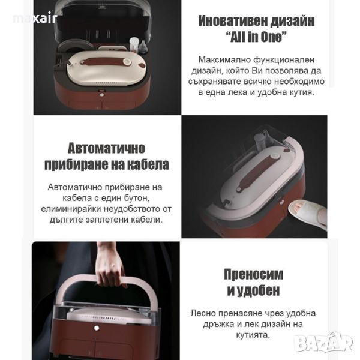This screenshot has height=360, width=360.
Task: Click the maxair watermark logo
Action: (x=35, y=19)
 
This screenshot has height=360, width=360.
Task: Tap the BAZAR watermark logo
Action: (x=324, y=343)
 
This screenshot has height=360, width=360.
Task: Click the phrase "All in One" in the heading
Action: (x=256, y=37)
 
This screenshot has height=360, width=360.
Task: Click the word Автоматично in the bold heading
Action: (x=106, y=148)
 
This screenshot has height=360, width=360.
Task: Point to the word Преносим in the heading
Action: (x=253, y=274)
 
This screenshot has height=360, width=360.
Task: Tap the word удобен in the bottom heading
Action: (x=258, y=290)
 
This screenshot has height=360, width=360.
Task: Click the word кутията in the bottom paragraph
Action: (x=253, y=335)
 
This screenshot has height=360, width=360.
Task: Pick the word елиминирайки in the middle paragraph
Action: (x=71, y=209)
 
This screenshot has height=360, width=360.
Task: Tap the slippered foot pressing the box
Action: (x=308, y=214)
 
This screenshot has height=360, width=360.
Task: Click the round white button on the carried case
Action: (x=97, y=328)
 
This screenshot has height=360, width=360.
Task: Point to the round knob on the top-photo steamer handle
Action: (x=127, y=62)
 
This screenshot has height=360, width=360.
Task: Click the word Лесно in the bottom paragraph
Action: (x=203, y=313)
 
